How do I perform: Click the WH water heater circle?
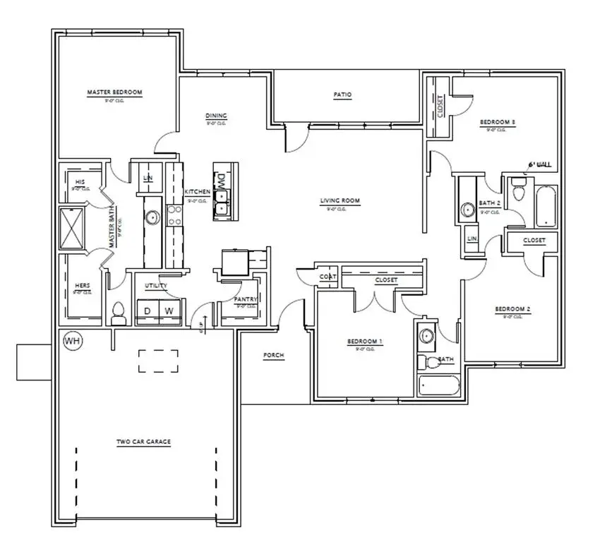(x=72, y=341)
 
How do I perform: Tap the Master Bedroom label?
(x=114, y=92)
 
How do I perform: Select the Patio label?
(x=343, y=95)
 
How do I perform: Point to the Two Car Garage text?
(x=143, y=442)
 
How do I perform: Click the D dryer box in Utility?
(x=148, y=311)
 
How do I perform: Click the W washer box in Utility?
(x=169, y=311)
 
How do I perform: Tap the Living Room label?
(x=340, y=201)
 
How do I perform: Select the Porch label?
(x=273, y=356)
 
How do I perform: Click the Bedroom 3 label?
(x=498, y=123)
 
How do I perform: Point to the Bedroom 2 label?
(x=512, y=309)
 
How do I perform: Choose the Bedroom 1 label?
(x=364, y=342)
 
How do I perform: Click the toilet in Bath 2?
(x=519, y=188)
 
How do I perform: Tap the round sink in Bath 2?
(x=467, y=210)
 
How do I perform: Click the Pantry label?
(x=245, y=299)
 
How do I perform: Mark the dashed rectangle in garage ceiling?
(x=157, y=361)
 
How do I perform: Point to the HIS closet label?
(x=79, y=182)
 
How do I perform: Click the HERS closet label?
(x=82, y=286)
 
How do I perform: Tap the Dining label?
(x=215, y=116)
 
